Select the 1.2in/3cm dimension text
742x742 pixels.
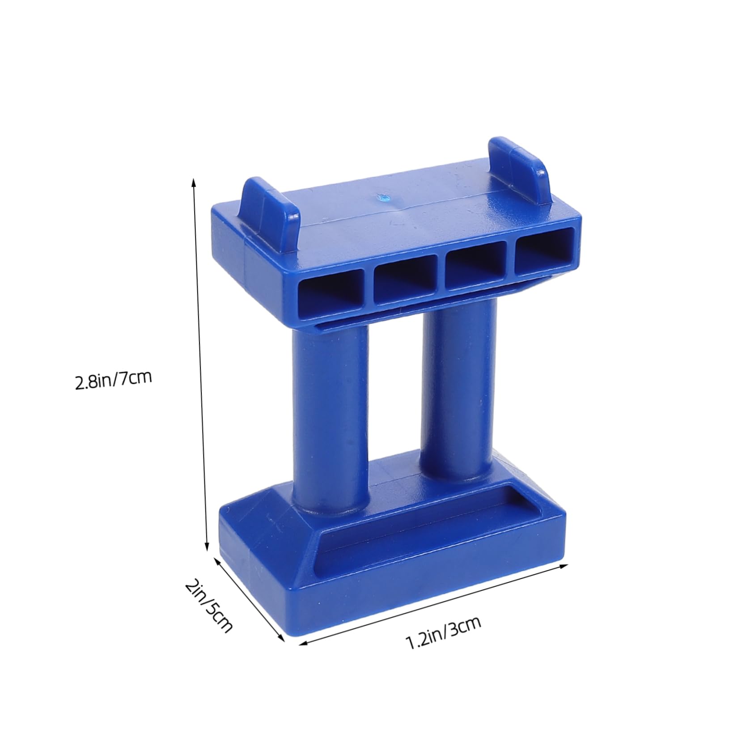pyautogui.click(x=443, y=633)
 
